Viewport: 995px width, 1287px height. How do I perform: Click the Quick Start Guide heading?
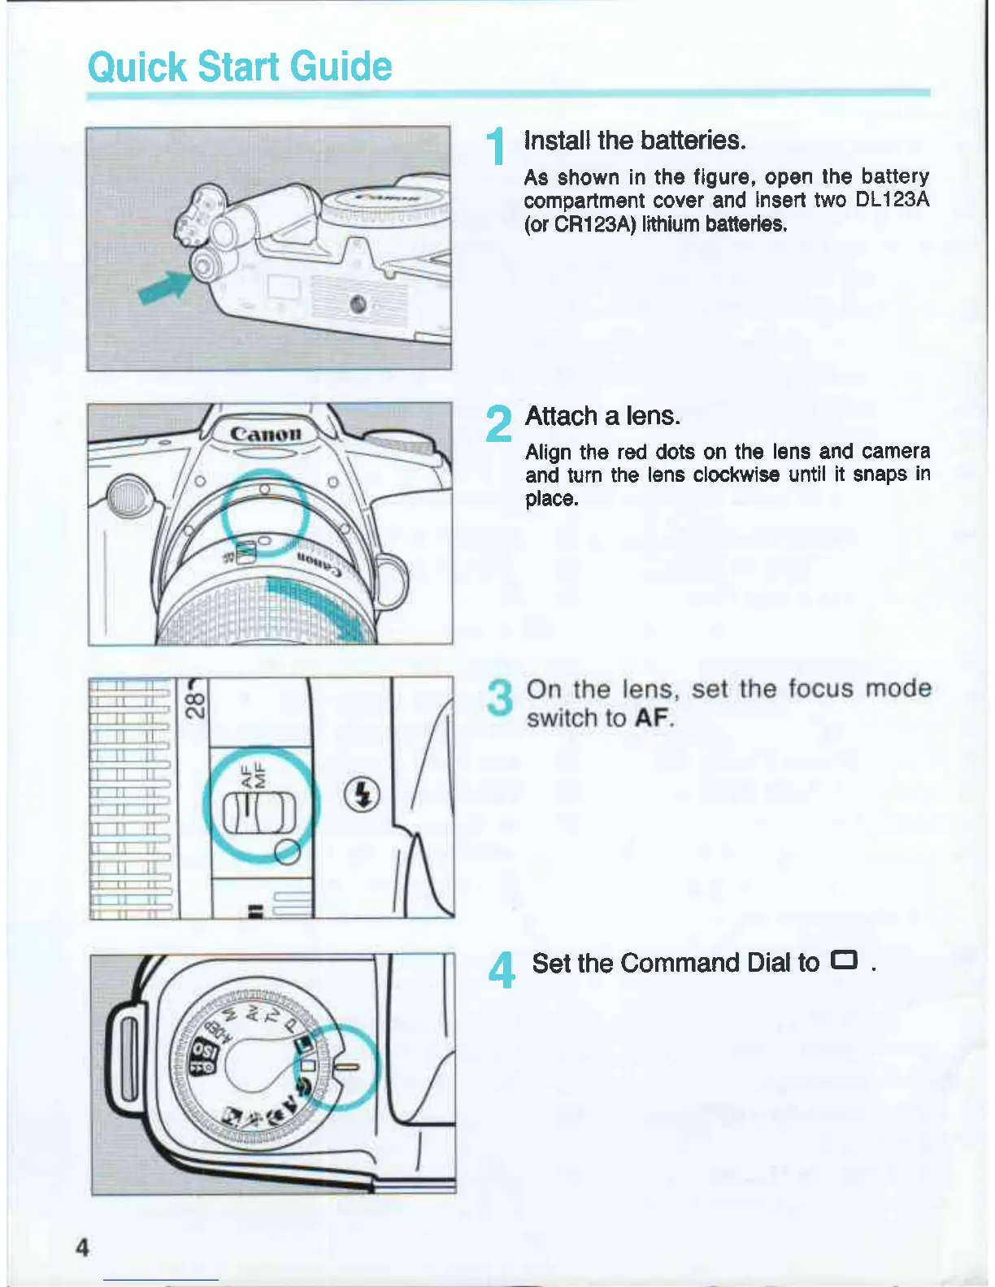click(x=240, y=67)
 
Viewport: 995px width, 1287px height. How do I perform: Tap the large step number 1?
click(x=496, y=148)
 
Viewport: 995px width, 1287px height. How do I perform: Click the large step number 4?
click(x=503, y=971)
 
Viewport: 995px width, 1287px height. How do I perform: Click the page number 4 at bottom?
click(x=81, y=1247)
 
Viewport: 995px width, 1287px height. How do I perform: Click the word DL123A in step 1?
click(x=892, y=200)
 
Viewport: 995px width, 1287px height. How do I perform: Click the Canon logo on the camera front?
click(x=266, y=432)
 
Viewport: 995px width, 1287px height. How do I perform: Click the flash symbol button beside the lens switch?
click(x=363, y=794)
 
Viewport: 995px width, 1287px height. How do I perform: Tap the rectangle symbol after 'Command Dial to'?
click(x=844, y=961)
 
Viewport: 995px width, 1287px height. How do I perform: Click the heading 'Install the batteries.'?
click(x=635, y=141)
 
